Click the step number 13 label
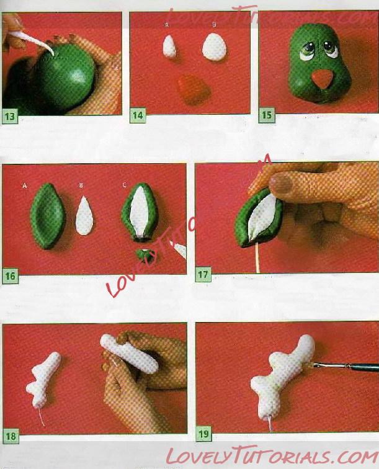pos(9,116)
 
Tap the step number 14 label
pos(138,115)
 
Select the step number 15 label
pos(266,115)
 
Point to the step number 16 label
pos(10,275)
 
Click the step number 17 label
pos(203,275)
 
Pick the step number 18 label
pos(11,435)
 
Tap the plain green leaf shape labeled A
pos(47,216)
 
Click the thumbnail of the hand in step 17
pos(281,182)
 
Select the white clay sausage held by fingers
pos(129,354)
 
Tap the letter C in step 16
pos(125,185)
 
